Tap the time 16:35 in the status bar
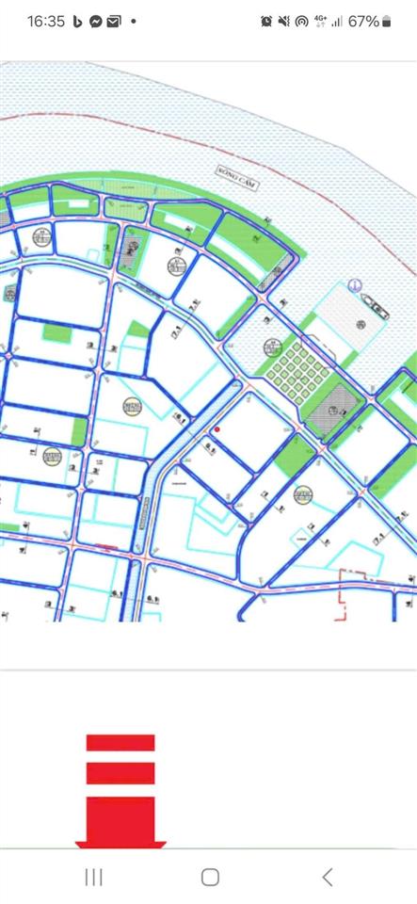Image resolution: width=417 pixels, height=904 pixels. tap(46, 21)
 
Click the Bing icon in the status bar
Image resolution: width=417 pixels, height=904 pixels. tap(78, 21)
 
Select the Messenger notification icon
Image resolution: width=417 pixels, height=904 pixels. tap(96, 21)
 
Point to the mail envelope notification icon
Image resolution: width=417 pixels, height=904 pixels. tap(114, 21)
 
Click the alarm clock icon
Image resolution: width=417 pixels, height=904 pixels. tap(266, 21)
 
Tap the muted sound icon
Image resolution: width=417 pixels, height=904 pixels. tap(283, 21)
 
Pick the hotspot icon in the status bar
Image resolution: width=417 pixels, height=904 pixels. tap(301, 21)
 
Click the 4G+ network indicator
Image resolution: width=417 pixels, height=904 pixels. tap(320, 21)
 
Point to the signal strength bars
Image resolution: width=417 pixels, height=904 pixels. tap(337, 21)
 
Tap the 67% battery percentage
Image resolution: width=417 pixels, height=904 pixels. tap(363, 21)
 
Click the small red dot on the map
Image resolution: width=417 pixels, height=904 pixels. tap(217, 430)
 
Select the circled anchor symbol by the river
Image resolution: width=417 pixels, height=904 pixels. tap(355, 285)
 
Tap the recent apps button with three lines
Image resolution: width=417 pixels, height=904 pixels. tap(93, 878)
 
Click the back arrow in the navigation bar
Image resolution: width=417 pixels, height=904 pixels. tap(327, 878)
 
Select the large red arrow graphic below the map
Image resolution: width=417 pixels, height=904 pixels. tap(120, 791)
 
